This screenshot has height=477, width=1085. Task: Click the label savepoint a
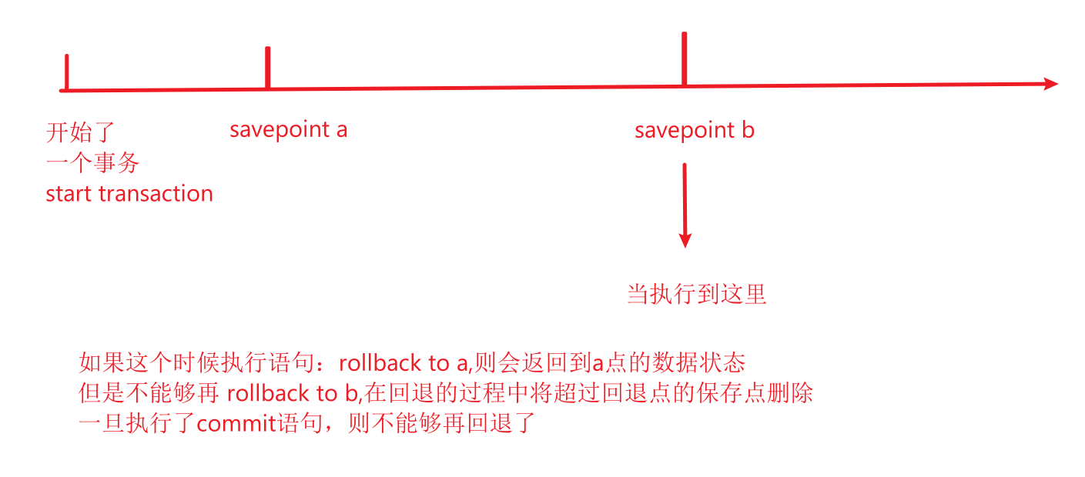pos(288,129)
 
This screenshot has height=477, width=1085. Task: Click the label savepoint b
pos(694,130)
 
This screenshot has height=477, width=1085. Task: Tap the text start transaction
pos(129,194)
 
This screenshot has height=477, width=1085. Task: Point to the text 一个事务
pos(92,163)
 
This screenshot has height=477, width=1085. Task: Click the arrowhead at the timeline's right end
pos(1050,84)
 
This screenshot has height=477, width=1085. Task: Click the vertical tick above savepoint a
pos(267,68)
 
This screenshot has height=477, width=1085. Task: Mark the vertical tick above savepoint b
pos(684,58)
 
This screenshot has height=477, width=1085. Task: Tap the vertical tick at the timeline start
pos(67,72)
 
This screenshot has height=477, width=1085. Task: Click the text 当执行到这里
pos(696,295)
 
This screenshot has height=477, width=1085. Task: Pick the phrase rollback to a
pos(402,363)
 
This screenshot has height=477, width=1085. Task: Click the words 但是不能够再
pos(149,394)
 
